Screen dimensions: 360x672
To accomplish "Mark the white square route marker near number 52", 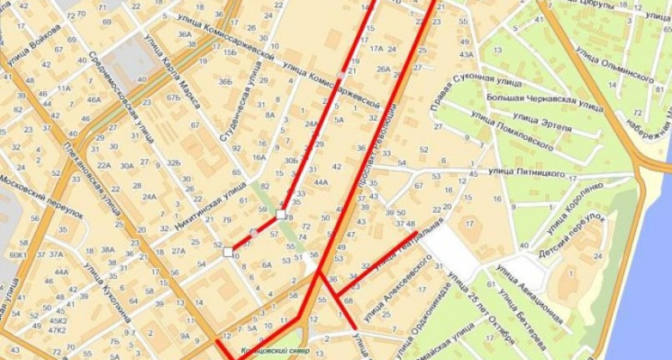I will pyautogui.click(x=229, y=251).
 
